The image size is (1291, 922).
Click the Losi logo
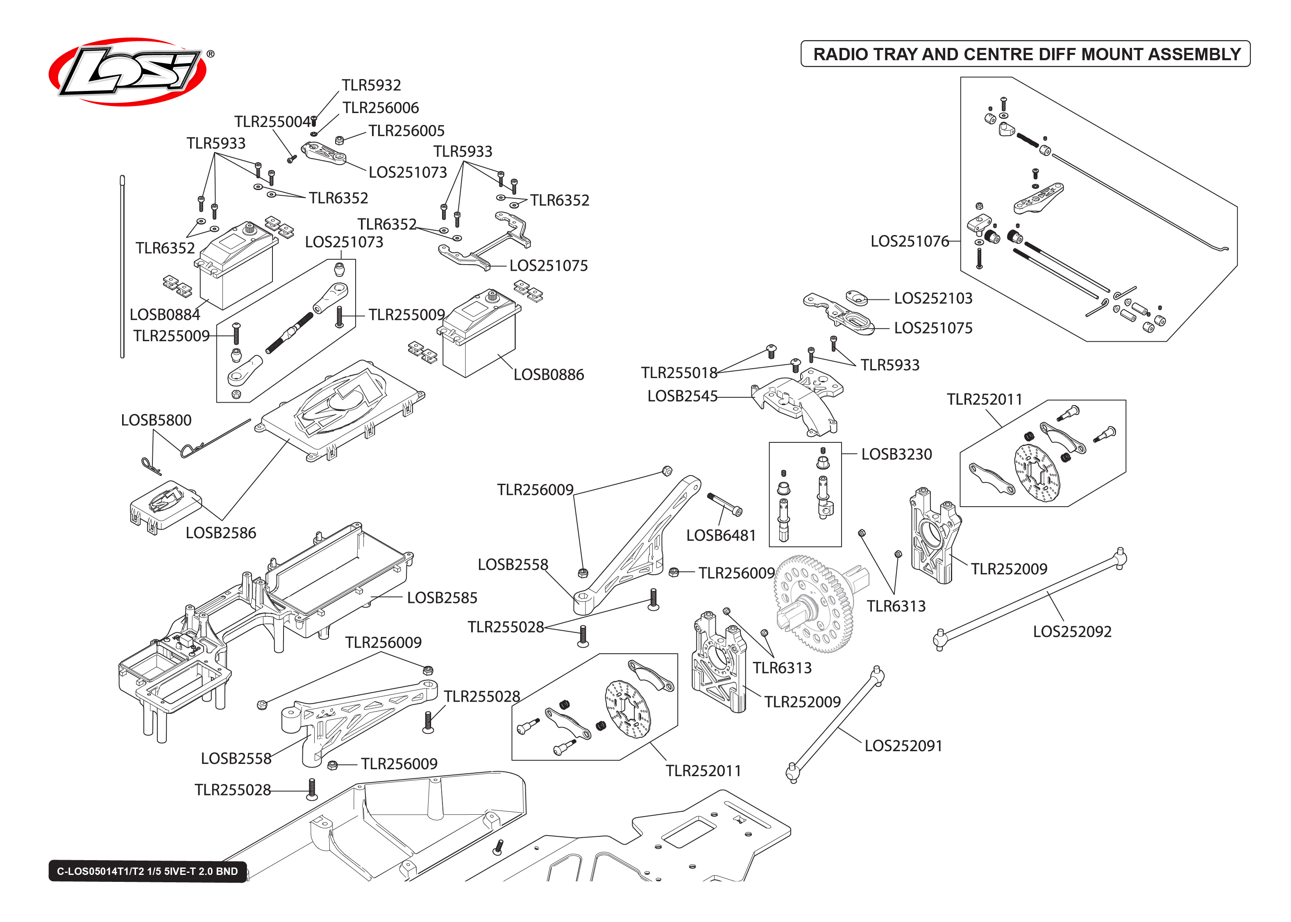[x=128, y=72]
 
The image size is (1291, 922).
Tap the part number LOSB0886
[x=549, y=375]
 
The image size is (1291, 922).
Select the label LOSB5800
[x=156, y=420]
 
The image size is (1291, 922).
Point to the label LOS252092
[x=1072, y=631]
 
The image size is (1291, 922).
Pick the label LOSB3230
[x=896, y=454]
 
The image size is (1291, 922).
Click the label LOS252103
[x=933, y=298]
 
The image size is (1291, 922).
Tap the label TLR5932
[x=371, y=85]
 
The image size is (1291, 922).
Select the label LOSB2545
[x=683, y=396]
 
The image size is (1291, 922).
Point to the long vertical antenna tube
[x=122, y=267]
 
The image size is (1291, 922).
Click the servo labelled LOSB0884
[x=236, y=267]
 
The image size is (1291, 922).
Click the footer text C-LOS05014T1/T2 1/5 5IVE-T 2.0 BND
[x=147, y=871]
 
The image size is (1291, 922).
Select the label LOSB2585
[x=442, y=598]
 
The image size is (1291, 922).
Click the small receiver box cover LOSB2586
[x=165, y=505]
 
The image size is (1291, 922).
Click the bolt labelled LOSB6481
[x=725, y=504]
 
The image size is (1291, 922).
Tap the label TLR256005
[x=406, y=131]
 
